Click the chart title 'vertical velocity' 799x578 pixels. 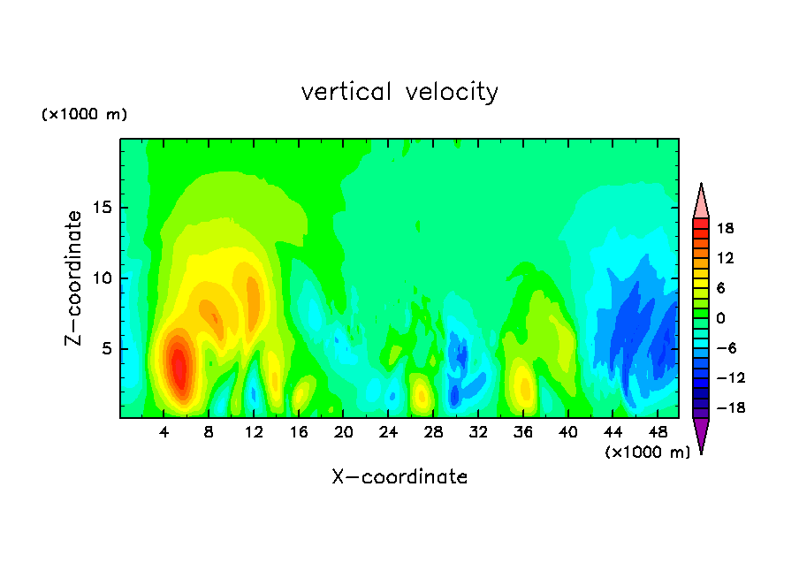point(399,93)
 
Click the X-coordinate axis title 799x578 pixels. point(400,476)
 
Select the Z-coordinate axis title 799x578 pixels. point(73,278)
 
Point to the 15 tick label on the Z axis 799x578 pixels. point(103,208)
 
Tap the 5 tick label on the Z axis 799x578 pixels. point(107,348)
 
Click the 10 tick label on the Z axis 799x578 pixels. point(103,278)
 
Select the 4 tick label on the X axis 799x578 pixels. point(164,432)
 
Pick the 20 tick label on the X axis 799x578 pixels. point(344,432)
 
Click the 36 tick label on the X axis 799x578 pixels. point(523,432)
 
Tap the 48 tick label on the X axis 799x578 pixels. point(658,432)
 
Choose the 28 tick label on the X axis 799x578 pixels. point(433,432)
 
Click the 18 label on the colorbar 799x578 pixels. point(725,228)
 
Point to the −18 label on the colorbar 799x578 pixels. point(731,407)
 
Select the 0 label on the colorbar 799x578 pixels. point(720,318)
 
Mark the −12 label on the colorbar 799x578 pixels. point(731,377)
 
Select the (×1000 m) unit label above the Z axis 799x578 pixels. point(84,114)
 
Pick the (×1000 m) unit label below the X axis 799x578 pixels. point(647,453)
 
